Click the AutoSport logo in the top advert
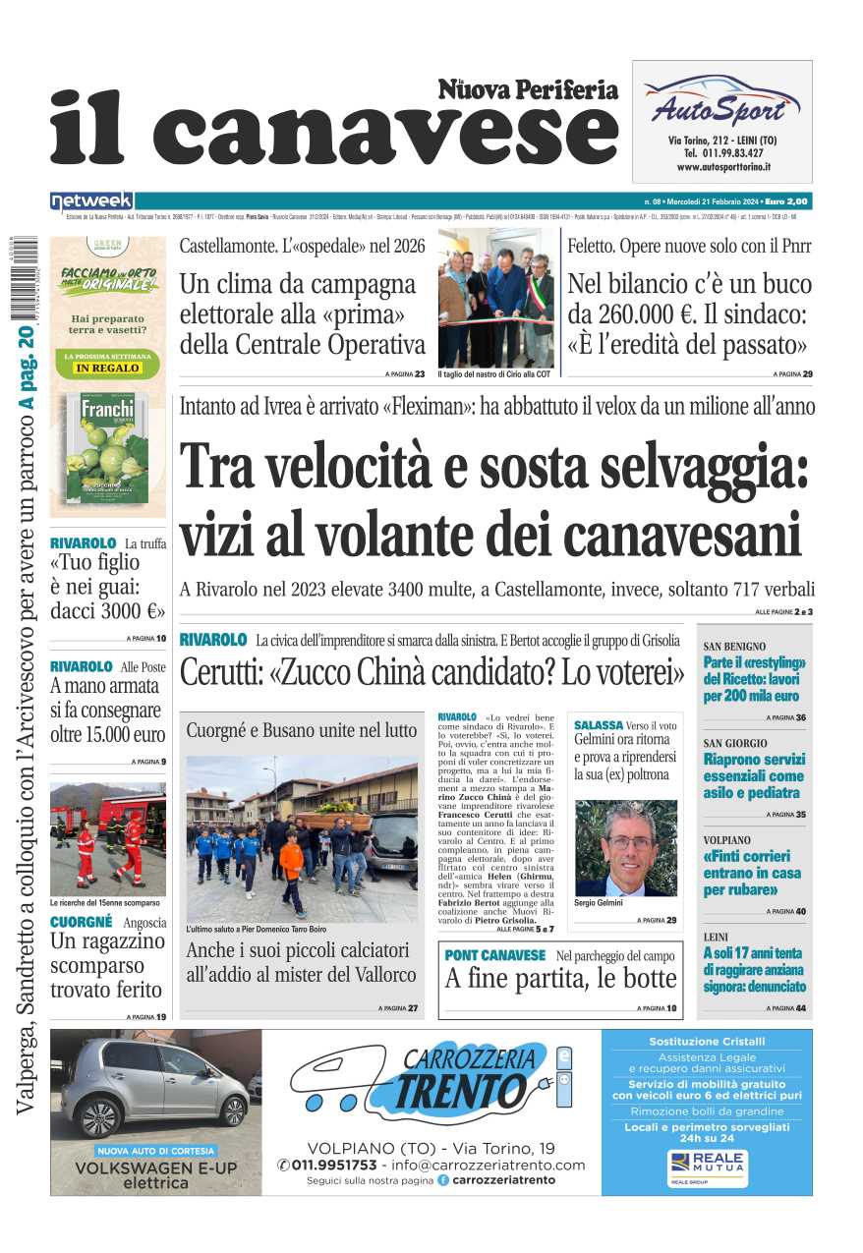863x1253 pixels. pos(721,104)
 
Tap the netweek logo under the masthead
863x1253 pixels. pos(91,200)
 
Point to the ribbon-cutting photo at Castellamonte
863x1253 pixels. pos(495,298)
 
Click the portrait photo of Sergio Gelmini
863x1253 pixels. pos(625,847)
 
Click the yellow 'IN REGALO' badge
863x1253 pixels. pos(108,368)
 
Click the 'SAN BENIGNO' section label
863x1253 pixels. pos(734,647)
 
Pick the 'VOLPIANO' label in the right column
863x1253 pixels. pos(727,840)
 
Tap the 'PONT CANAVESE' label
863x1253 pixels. pos(494,955)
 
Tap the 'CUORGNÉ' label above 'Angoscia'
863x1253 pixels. pos(81,922)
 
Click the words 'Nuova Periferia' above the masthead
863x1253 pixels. pos(528,90)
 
